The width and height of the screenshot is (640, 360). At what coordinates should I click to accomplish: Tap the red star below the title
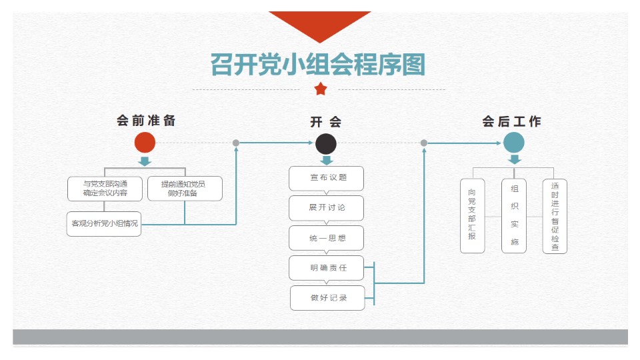[x=321, y=89]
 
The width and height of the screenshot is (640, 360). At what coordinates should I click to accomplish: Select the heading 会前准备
[x=146, y=121]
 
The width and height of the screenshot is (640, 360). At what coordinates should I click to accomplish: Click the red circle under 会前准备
[x=145, y=143]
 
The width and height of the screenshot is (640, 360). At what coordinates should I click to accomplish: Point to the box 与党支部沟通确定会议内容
[x=105, y=189]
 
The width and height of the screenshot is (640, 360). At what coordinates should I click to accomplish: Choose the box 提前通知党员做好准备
[x=183, y=189]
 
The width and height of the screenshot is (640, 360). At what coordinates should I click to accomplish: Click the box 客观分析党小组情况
[x=105, y=223]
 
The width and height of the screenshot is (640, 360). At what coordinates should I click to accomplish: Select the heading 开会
[x=325, y=122]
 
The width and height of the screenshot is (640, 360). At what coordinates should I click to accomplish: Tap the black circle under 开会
[x=325, y=143]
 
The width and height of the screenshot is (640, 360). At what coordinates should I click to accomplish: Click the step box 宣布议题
[x=327, y=178]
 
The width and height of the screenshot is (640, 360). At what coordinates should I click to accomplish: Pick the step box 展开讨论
[x=327, y=207]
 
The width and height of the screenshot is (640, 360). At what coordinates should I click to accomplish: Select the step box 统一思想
[x=327, y=237]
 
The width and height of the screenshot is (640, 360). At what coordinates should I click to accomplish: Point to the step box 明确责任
[x=327, y=267]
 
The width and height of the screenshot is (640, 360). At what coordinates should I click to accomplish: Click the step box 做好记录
[x=328, y=297]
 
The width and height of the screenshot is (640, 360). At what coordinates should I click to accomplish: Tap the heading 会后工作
[x=511, y=122]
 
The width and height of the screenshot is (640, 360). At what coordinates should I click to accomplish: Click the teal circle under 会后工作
[x=513, y=143]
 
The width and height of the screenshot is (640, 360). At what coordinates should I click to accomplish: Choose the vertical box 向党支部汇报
[x=473, y=215]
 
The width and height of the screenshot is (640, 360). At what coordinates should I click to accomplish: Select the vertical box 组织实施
[x=514, y=215]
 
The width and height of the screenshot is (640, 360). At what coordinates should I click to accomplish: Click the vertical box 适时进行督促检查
[x=555, y=215]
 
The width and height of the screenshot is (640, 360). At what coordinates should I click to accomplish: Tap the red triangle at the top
[x=319, y=22]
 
